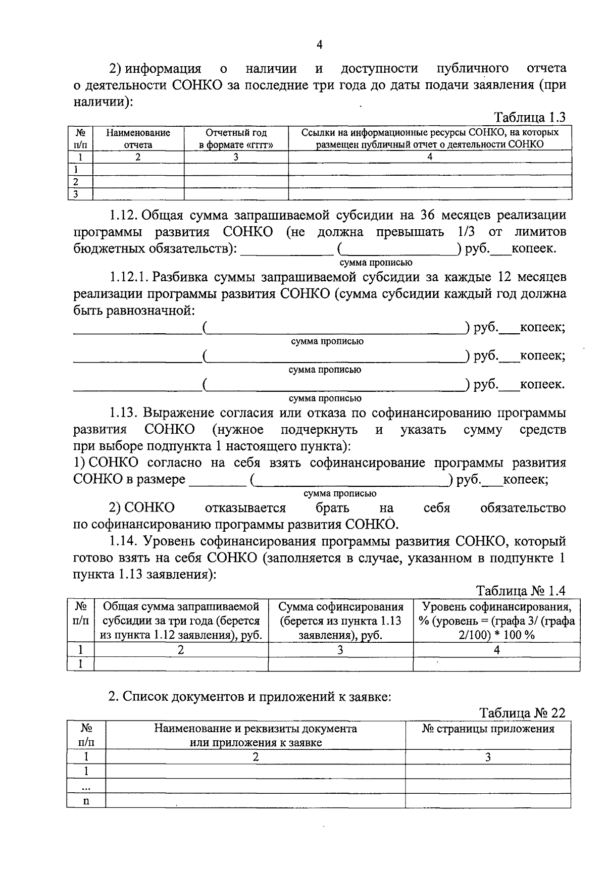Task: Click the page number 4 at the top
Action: click(319, 45)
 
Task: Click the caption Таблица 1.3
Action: click(530, 118)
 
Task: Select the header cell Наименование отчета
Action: click(138, 138)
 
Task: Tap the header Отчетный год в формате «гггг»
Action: click(236, 138)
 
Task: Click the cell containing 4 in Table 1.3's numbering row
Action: click(430, 157)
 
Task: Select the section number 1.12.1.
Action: click(128, 277)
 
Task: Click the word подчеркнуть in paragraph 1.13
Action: click(319, 430)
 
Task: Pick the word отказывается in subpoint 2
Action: click(245, 508)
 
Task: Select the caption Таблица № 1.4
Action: click(521, 591)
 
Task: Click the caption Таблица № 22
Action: click(522, 712)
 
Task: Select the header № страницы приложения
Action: click(488, 729)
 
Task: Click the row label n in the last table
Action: click(86, 801)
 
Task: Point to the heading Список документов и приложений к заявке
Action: click(250, 697)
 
